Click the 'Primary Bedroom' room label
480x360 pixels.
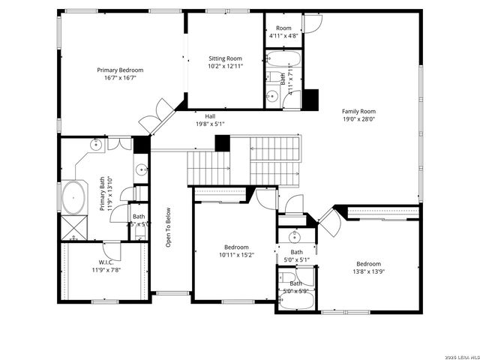coord(120,70)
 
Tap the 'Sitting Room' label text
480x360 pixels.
coord(225,58)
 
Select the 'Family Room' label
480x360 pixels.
coord(358,110)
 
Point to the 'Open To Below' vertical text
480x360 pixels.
coord(169,227)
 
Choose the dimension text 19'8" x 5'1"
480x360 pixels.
coord(210,124)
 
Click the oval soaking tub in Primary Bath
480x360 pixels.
coord(73,198)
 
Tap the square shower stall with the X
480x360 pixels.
coord(72,226)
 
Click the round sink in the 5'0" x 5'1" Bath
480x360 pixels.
coord(296,234)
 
